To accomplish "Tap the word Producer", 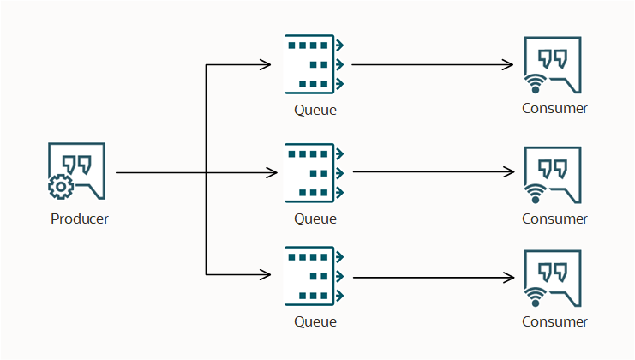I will pos(80,219).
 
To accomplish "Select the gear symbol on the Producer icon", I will pos(59,186).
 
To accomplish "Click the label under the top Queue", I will pos(315,110).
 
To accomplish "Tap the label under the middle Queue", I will pos(315,219).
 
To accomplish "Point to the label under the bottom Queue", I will pos(315,322).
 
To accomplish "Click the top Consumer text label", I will pos(555,109).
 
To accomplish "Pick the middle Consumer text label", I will pos(555,219).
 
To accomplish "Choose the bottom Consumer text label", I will pos(555,322).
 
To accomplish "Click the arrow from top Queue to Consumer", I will pos(433,64).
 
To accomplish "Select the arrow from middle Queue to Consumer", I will pos(433,172).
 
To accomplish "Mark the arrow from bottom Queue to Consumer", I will pos(433,278).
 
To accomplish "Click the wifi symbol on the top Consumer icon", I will pos(536,83).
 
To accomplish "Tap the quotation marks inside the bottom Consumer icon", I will pos(553,271).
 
